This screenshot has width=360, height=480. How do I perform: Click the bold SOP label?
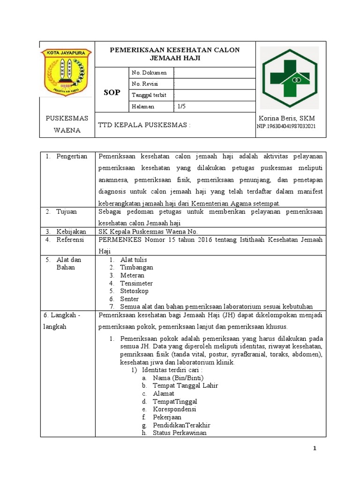(112, 93)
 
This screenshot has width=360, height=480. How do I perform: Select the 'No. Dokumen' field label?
(149, 73)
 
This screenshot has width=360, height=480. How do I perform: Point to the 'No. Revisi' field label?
(145, 84)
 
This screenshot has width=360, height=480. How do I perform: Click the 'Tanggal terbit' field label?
(149, 95)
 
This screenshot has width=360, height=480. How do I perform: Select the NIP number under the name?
(286, 127)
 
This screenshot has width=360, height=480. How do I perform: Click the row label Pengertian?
(71, 156)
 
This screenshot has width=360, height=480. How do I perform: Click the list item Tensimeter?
(136, 283)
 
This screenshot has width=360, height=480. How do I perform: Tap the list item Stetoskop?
(134, 291)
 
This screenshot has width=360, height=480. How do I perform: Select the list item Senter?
(129, 299)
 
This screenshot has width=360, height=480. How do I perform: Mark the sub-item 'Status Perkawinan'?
(180, 433)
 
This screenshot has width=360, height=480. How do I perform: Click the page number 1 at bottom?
(315, 449)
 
